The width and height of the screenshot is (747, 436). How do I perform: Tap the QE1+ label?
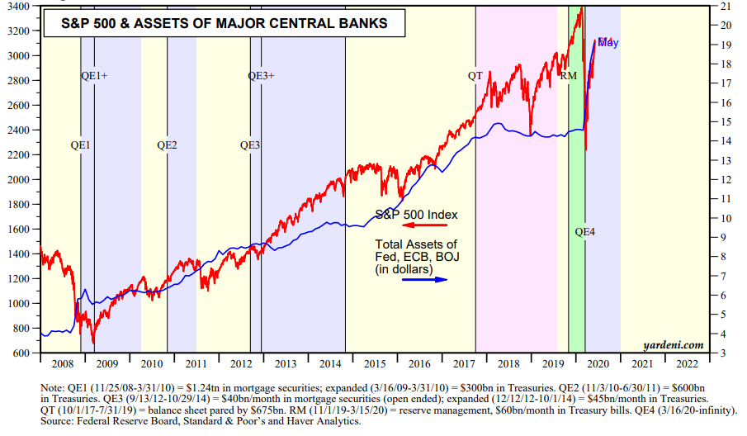[94, 76]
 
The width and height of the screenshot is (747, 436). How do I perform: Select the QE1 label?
[80, 145]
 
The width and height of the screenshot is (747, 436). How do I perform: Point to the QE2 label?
[167, 145]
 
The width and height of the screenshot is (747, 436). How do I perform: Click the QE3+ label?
[262, 76]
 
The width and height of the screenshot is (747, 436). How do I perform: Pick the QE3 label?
[249, 145]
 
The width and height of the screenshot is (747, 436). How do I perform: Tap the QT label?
[475, 76]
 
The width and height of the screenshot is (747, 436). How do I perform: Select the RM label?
[568, 76]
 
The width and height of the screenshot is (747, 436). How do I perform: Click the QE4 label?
[584, 232]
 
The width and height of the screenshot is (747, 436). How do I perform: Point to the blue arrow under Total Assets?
[424, 279]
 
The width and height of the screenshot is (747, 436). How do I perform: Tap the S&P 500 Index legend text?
[416, 214]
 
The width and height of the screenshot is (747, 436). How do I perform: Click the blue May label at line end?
[608, 42]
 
